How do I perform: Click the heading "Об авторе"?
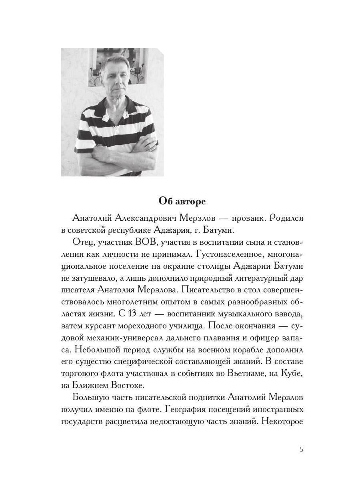point(182,201)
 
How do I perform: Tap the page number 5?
point(301,449)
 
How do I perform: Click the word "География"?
point(185,410)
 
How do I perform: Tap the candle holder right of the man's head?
point(137,72)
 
